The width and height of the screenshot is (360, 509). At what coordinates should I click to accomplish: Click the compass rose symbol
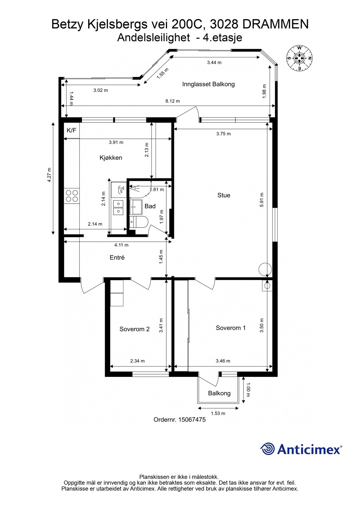point(299,58)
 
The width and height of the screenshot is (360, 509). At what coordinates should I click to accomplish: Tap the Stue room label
point(224,195)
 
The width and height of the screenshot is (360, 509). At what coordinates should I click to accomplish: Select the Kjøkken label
point(111,158)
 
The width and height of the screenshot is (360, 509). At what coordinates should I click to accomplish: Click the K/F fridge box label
point(71,130)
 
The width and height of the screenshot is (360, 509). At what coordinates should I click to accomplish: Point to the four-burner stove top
point(72,196)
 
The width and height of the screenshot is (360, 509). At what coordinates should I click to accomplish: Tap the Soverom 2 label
point(134,329)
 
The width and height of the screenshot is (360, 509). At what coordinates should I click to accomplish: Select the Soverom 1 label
point(230,328)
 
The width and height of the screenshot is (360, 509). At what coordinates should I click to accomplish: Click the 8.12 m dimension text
point(173,101)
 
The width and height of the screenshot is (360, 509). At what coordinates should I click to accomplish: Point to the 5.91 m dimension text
point(262,200)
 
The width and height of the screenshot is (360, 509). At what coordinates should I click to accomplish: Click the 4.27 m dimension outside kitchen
point(49,175)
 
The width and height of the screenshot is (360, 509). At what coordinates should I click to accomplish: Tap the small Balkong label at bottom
point(219,393)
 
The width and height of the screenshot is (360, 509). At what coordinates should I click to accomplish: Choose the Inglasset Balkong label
point(208,84)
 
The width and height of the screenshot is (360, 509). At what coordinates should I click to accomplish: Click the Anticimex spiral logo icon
point(268,449)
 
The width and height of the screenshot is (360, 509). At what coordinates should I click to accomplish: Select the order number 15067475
point(192,420)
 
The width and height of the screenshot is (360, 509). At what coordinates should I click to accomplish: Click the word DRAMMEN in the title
point(275,25)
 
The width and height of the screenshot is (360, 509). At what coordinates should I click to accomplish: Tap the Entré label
point(117,258)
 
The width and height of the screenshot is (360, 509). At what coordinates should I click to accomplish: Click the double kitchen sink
point(118,207)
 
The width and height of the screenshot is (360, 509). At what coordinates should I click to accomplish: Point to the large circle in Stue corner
point(265,269)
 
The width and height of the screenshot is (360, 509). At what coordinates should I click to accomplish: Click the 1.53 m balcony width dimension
point(218,413)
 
